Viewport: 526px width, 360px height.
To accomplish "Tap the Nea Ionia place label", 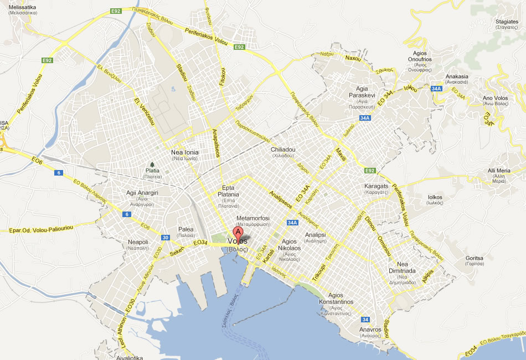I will point(185,152).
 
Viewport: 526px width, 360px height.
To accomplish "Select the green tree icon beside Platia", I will point(152,164).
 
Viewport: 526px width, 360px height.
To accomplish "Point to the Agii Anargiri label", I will point(142,193).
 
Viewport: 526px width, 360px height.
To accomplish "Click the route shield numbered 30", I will point(166,238).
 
